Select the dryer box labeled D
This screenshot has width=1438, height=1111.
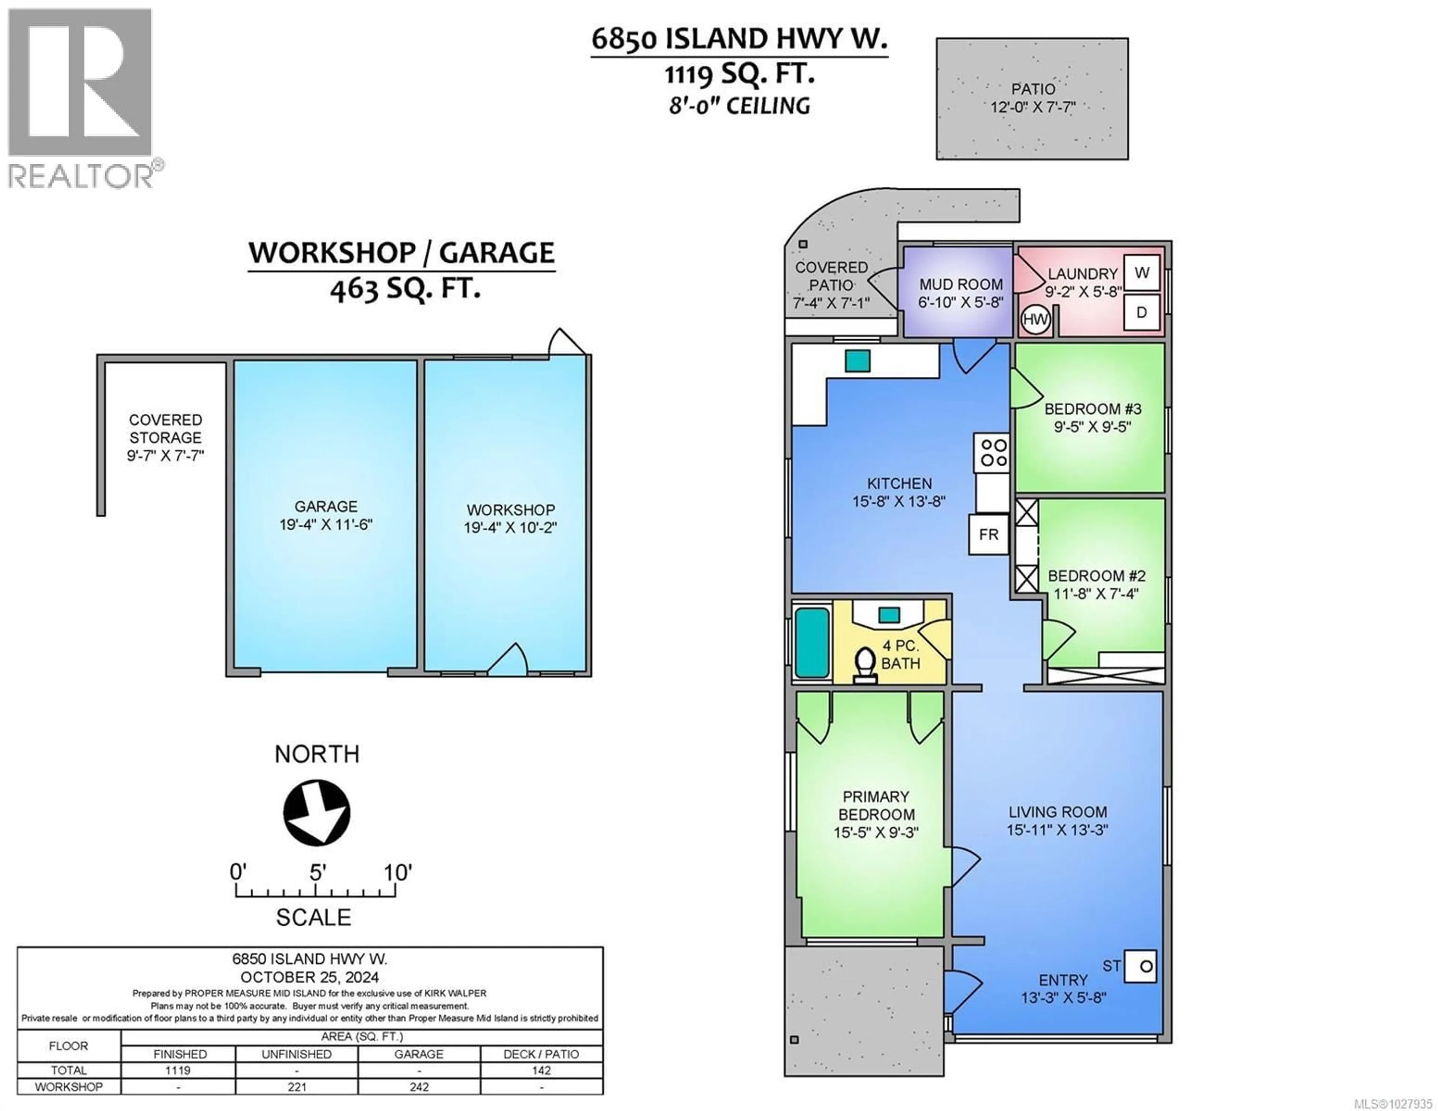click(1142, 312)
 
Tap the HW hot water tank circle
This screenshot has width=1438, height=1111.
click(1035, 320)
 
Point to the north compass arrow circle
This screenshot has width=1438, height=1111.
click(317, 812)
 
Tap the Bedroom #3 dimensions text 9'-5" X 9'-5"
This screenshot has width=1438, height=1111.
click(1092, 427)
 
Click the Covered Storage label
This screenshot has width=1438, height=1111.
click(165, 429)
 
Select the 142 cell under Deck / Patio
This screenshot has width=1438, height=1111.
click(541, 1070)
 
